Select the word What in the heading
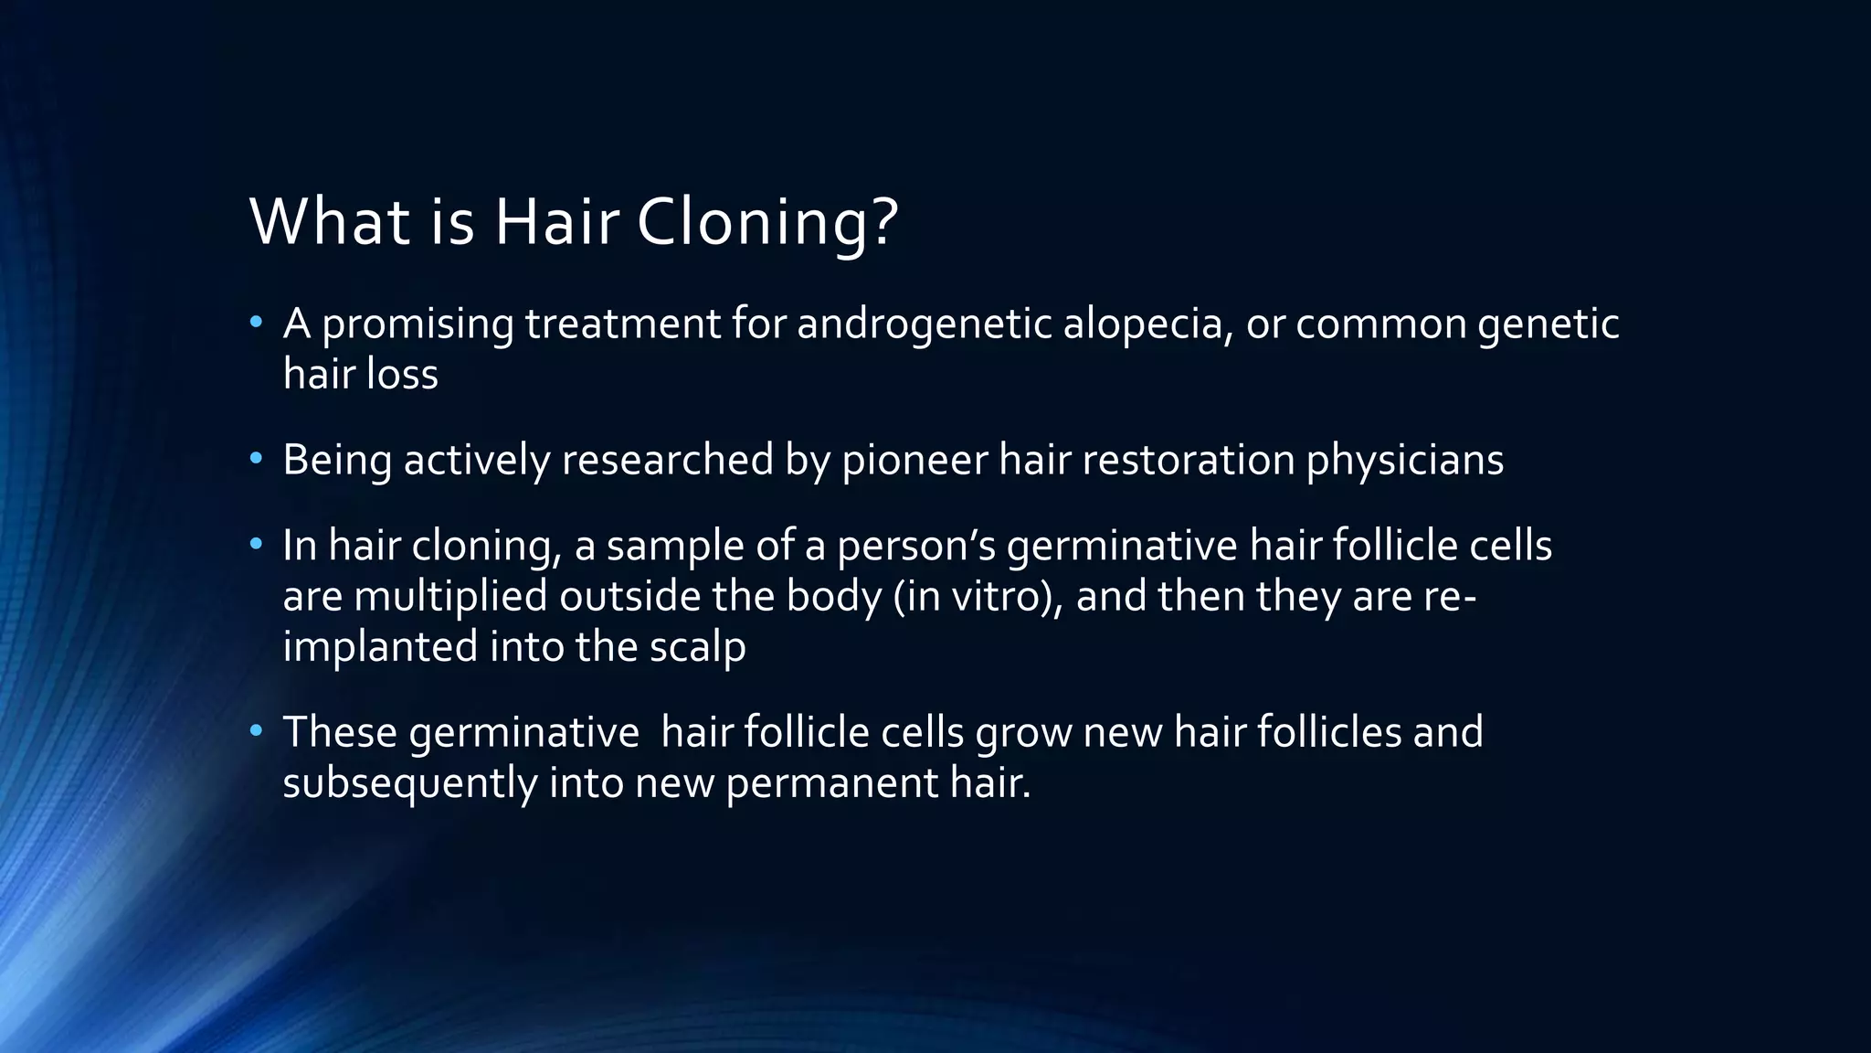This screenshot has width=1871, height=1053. (330, 222)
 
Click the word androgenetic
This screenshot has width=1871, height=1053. (924, 324)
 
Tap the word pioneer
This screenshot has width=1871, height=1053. (914, 460)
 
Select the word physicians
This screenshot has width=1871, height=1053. (1404, 460)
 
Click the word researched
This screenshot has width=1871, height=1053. (667, 460)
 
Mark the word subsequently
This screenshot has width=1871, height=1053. (410, 783)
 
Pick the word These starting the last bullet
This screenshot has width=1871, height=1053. (340, 732)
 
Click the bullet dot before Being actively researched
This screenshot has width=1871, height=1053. (256, 458)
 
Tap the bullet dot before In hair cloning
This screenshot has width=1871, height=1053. (256, 546)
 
